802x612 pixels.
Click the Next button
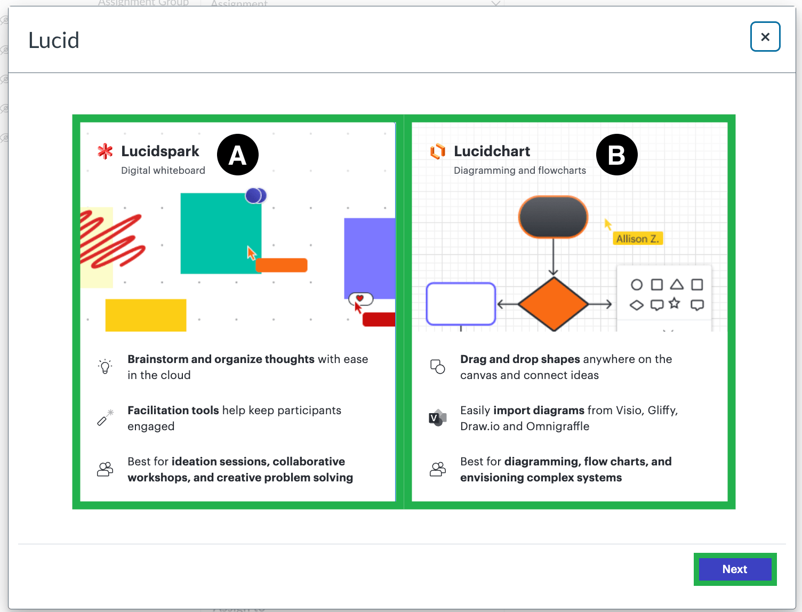tap(735, 569)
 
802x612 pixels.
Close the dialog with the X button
tap(765, 37)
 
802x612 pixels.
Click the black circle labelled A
tap(238, 155)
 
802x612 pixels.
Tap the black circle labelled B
tap(616, 155)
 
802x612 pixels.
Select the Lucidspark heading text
tap(160, 151)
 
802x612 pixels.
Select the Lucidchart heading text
tap(492, 151)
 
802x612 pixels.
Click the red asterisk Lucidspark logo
tap(105, 151)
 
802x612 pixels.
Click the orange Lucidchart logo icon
tap(438, 151)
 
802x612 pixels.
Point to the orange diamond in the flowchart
tap(554, 304)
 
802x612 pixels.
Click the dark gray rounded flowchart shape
tap(553, 216)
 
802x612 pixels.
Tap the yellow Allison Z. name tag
tap(638, 239)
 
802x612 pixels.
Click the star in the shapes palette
tap(675, 303)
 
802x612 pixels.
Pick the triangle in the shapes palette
tap(677, 284)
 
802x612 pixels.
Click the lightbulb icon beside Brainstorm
tap(105, 366)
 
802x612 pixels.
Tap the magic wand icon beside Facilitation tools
tap(105, 417)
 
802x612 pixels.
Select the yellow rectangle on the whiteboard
tap(146, 315)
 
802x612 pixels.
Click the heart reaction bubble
tap(361, 299)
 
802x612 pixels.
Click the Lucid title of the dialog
tap(54, 41)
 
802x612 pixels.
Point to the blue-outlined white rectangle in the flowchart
tap(461, 304)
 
